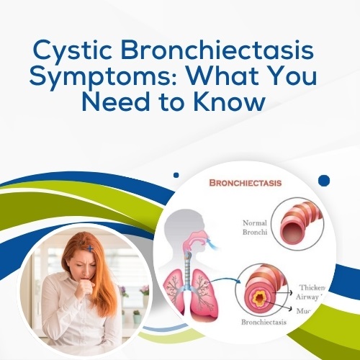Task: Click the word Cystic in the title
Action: click(72, 53)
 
